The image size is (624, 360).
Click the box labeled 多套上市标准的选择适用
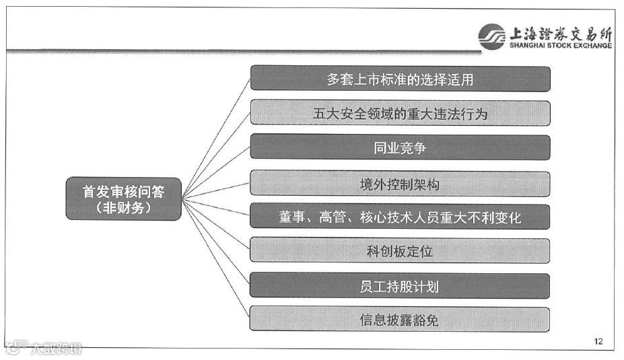400,79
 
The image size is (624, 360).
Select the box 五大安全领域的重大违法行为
400,114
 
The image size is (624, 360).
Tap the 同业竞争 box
400,148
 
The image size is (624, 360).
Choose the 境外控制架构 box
400,183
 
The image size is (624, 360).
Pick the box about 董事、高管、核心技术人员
400,217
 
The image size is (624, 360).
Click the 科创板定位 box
400,252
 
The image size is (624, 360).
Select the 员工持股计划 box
400,286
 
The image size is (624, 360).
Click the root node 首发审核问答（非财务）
123,199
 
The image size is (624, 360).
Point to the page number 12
598,341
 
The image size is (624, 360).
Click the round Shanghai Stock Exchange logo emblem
492,36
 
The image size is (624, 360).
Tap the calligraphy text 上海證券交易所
561,32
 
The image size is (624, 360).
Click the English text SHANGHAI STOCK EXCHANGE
561,46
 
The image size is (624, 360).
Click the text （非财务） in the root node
123,208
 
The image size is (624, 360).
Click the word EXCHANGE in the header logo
590,46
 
